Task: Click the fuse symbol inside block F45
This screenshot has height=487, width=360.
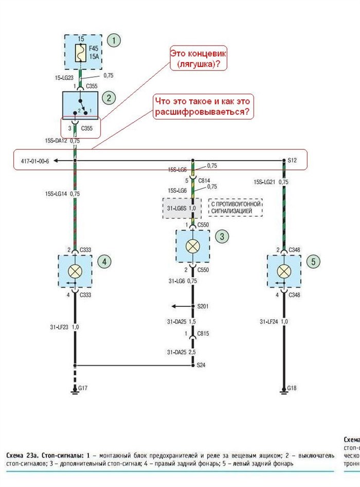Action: tap(80, 53)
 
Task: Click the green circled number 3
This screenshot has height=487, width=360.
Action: tap(222, 236)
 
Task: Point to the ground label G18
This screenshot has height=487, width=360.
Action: tap(292, 387)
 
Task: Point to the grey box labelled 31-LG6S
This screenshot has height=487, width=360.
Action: tap(182, 208)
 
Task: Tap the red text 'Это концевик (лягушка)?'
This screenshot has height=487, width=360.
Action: tap(199, 58)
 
